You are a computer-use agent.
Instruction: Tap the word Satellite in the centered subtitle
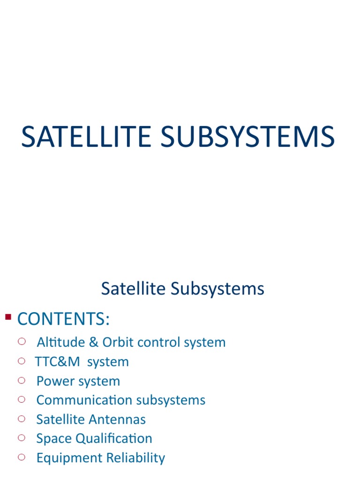click(134, 289)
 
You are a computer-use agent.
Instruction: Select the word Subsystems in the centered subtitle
click(217, 289)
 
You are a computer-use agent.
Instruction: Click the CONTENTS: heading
click(63, 319)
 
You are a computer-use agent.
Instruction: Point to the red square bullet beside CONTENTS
click(7, 317)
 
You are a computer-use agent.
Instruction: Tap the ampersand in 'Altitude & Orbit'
click(93, 342)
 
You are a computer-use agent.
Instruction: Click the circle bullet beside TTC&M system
click(21, 361)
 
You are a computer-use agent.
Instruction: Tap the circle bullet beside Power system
click(21, 380)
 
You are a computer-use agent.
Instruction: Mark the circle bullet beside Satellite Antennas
click(21, 419)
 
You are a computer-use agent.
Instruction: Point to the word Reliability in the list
click(138, 457)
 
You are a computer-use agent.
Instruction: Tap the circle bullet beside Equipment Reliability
click(21, 457)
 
